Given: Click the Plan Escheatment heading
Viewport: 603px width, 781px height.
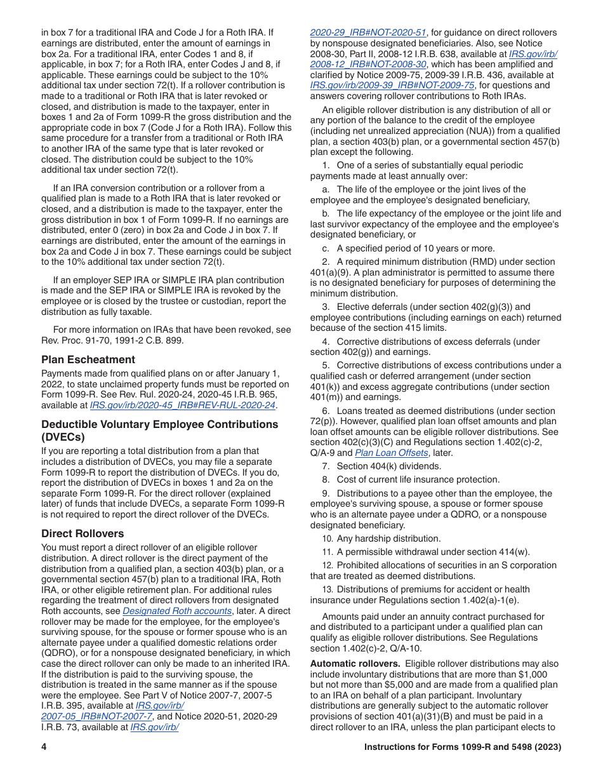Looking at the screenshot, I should coord(88,359).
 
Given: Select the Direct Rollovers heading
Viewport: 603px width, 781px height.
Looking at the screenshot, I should coord(83,533).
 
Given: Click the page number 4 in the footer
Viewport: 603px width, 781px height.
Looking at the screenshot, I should coord(44,747).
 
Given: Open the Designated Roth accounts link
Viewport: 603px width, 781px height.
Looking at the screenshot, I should coord(177,611).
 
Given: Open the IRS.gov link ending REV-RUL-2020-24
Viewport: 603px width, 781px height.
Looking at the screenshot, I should coord(183,405).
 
